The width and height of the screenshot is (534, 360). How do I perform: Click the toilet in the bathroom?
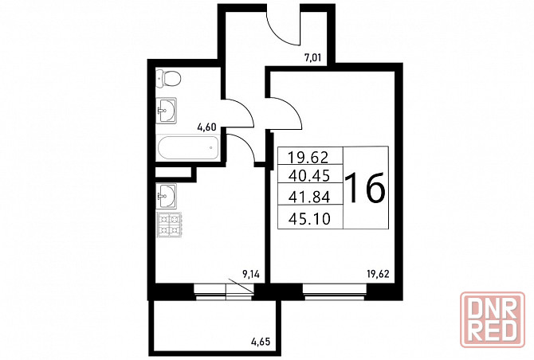[x=168, y=79]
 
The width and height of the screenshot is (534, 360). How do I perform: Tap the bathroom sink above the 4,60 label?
[x=167, y=111]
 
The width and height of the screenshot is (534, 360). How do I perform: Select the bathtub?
[x=187, y=147]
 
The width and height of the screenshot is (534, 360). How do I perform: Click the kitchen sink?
[x=167, y=196]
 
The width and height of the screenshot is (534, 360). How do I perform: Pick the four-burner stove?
[x=169, y=225]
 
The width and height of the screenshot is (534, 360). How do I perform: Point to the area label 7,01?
[x=312, y=57]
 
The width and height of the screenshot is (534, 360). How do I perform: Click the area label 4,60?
[x=206, y=127]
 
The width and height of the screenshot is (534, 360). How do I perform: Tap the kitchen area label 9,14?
[x=250, y=274]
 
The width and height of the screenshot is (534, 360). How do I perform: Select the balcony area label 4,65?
[x=261, y=341]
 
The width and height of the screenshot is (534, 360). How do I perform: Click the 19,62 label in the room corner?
[x=378, y=273]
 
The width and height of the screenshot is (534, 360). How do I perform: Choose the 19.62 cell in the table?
[x=308, y=157]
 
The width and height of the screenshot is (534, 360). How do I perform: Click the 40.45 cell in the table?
[x=309, y=175]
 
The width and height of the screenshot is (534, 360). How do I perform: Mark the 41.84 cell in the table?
[x=309, y=197]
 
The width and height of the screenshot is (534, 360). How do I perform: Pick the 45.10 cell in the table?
[x=309, y=219]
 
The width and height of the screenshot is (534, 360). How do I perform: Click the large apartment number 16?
[x=365, y=187]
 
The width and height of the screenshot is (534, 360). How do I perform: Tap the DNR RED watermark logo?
[x=492, y=319]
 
